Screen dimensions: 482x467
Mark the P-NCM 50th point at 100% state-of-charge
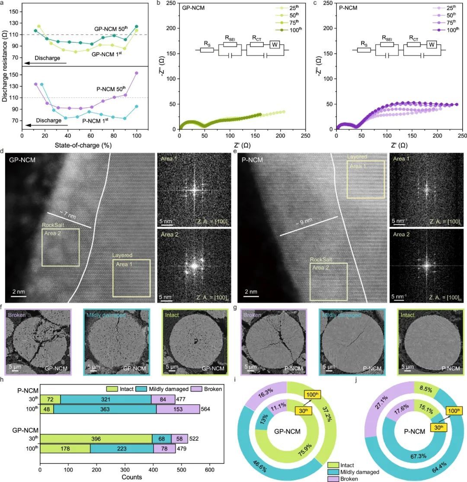pyautogui.click(x=137, y=73)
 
